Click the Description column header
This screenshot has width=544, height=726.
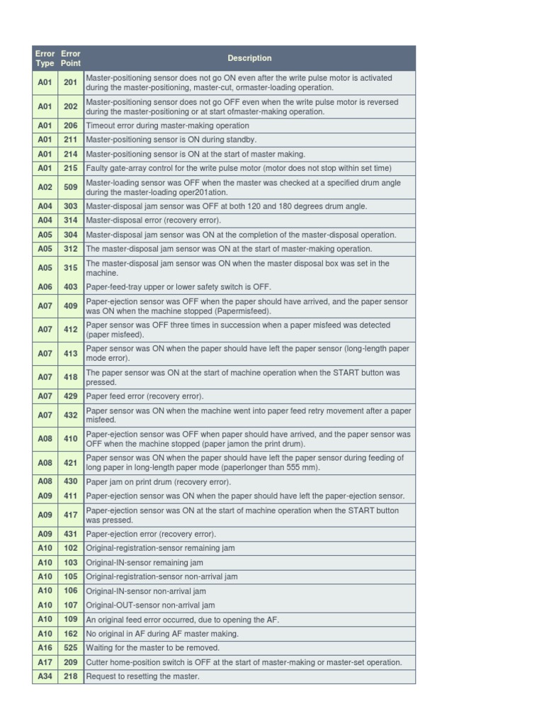coord(249,58)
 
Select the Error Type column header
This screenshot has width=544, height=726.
coord(45,58)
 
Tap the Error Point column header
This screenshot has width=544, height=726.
coord(71,58)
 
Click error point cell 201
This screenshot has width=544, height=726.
coord(71,83)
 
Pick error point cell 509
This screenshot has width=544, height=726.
coord(71,187)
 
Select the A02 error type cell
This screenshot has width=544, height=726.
coord(45,187)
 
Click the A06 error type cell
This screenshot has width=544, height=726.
coord(45,287)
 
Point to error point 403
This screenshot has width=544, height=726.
coord(71,287)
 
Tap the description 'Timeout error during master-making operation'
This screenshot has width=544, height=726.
coord(167,125)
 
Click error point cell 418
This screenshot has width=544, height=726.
coord(71,377)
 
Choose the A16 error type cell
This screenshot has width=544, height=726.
coord(45,648)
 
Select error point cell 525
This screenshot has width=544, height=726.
coord(71,648)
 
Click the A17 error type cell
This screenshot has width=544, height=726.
coord(45,662)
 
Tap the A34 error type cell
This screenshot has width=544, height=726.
coord(45,676)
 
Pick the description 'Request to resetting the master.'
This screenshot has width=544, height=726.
coord(142,676)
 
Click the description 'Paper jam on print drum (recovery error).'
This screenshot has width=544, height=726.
coord(158,482)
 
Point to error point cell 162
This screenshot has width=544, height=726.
coord(71,634)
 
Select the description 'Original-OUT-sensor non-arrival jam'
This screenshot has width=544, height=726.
coord(149,605)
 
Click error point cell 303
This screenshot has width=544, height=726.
coord(71,206)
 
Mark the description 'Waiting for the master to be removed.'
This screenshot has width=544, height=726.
coord(152,648)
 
